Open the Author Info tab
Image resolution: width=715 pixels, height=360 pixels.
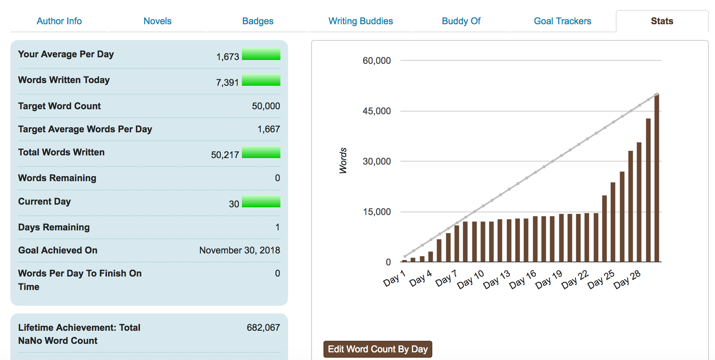[59, 21]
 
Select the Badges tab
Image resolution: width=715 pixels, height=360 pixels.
[258, 21]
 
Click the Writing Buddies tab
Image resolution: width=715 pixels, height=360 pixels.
[360, 21]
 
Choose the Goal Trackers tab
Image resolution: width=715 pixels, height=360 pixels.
[562, 21]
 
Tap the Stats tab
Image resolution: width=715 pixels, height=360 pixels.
[662, 21]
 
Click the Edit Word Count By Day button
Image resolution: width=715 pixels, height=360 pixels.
[378, 349]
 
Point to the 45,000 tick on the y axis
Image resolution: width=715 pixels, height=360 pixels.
[377, 111]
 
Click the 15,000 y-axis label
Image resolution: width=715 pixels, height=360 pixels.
[377, 212]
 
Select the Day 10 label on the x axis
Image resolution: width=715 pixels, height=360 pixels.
[470, 280]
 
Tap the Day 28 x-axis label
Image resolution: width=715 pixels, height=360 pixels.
[627, 280]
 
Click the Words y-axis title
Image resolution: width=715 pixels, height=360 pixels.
[343, 161]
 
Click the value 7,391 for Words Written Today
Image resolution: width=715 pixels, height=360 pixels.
[227, 83]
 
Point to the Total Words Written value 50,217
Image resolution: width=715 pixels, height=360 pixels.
[225, 155]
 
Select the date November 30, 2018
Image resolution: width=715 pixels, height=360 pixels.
[239, 250]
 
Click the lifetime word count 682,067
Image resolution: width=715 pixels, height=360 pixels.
[263, 328]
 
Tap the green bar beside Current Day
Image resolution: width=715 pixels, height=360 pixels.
[261, 202]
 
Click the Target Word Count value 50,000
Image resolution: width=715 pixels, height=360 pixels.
[266, 106]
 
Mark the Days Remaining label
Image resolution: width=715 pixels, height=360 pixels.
[54, 227]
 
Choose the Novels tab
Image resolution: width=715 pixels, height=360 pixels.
[157, 21]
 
